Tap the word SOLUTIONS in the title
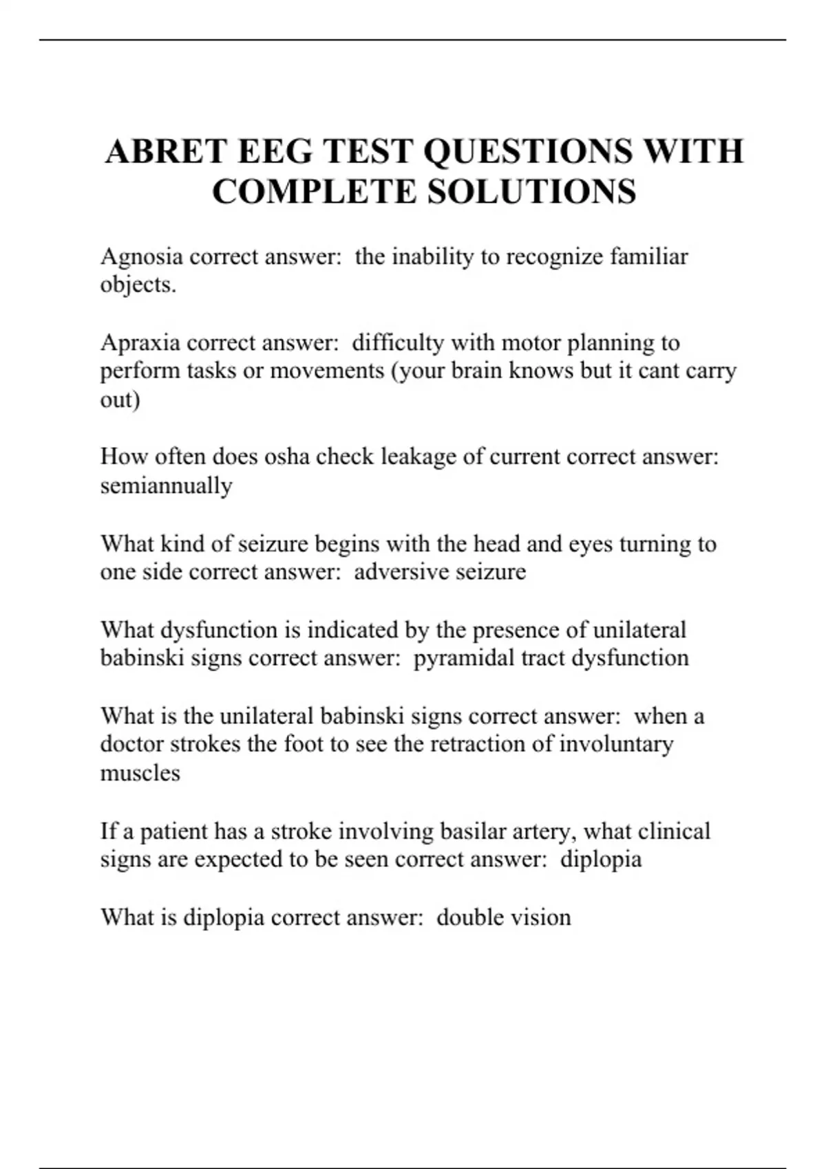(531, 192)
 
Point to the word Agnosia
(142, 257)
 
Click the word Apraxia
(140, 342)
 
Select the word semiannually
(166, 485)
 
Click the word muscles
(140, 773)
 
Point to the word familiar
(648, 257)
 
